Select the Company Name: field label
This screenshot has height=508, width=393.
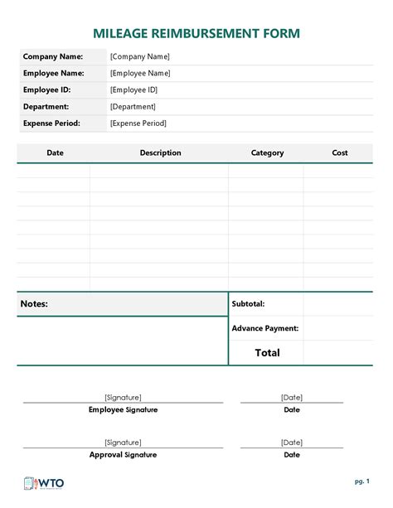click(x=53, y=56)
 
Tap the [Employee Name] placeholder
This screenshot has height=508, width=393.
click(x=140, y=73)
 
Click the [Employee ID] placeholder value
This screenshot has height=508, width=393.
click(x=133, y=90)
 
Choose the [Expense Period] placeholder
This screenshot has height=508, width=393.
click(x=138, y=123)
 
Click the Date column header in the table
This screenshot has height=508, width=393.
click(x=55, y=152)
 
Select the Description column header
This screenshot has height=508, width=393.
click(x=160, y=152)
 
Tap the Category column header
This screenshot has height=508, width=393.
click(x=267, y=152)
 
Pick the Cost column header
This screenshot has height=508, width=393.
click(x=340, y=152)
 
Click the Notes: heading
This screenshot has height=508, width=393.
click(x=34, y=304)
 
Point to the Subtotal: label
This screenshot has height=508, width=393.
click(x=249, y=304)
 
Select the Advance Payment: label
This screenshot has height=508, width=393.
click(x=265, y=328)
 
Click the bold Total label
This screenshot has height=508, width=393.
click(x=267, y=352)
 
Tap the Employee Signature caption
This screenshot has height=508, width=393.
click(x=123, y=409)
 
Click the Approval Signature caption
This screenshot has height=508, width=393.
click(x=123, y=454)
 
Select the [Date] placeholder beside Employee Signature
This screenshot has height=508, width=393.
click(x=292, y=397)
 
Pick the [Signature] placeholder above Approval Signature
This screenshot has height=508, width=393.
click(x=123, y=443)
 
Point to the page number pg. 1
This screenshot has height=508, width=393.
click(x=361, y=481)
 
